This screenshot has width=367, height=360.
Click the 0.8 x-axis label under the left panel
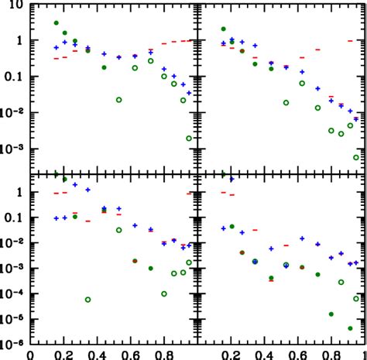[164, 354]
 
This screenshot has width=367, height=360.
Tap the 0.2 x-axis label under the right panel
[230, 354]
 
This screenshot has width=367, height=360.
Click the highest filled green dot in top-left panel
[57, 23]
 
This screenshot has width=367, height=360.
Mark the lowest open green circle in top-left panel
[190, 139]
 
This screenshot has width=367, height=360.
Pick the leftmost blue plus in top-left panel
[56, 48]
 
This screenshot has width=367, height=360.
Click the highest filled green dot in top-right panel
[224, 29]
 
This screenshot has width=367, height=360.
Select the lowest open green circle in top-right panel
[356, 157]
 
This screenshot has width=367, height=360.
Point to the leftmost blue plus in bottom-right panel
[223, 228]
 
